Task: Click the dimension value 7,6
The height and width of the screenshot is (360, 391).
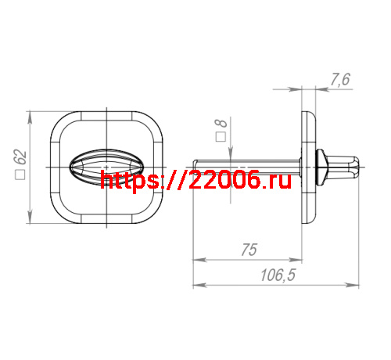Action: click(341, 78)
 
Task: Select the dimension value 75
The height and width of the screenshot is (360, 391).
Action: click(249, 250)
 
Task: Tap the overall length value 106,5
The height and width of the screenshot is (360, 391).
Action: click(275, 275)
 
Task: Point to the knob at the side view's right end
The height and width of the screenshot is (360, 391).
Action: click(345, 167)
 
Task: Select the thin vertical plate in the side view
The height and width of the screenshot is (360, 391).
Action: click(307, 167)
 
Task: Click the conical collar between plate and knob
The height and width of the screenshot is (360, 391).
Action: click(321, 167)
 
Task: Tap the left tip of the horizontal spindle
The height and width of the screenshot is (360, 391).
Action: click(195, 167)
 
